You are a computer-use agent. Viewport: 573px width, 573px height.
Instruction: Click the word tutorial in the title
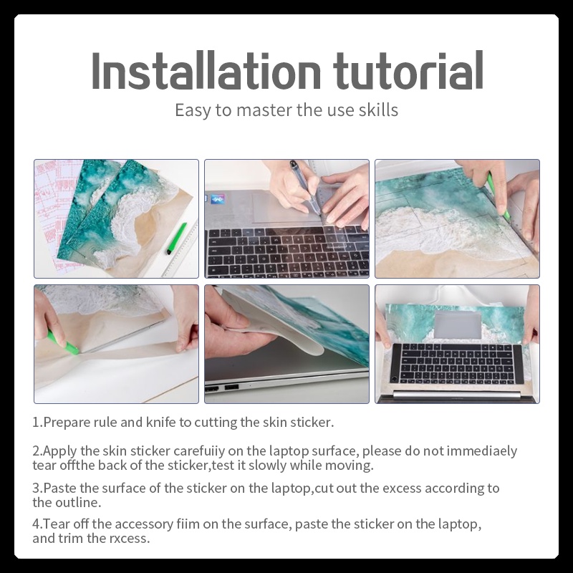click(x=408, y=70)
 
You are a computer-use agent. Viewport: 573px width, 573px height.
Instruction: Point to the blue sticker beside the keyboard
click(x=218, y=200)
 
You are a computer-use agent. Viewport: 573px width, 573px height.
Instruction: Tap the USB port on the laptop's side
click(x=231, y=387)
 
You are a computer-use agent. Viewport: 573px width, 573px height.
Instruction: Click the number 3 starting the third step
click(x=36, y=488)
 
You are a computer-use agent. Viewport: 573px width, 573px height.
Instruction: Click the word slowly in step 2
click(x=267, y=466)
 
